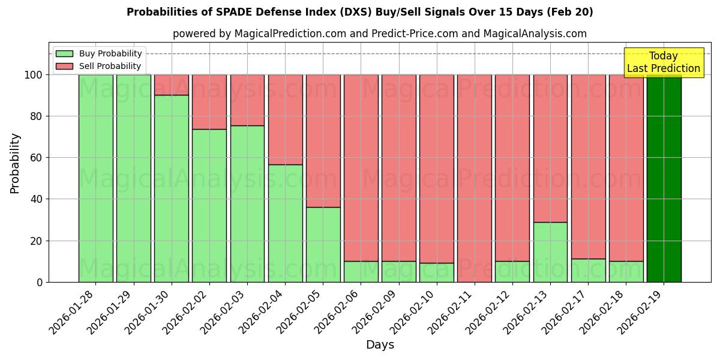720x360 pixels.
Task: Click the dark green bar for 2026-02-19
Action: click(x=664, y=178)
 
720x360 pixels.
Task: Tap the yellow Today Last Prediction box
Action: click(x=663, y=62)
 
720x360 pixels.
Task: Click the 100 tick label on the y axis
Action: click(x=33, y=75)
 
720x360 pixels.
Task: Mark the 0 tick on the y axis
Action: click(x=40, y=282)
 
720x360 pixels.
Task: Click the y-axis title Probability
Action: click(x=15, y=163)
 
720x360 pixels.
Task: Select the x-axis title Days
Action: click(x=380, y=345)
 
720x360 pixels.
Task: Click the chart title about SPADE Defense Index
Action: click(x=359, y=12)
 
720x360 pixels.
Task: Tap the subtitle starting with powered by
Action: click(x=379, y=34)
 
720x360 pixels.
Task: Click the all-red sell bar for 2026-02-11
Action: click(x=474, y=178)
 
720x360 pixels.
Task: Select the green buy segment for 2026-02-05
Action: click(x=323, y=244)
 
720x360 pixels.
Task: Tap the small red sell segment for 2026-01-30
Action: click(x=171, y=85)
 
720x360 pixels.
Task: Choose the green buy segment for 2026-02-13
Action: click(x=550, y=252)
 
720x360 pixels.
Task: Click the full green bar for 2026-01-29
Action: click(x=133, y=178)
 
